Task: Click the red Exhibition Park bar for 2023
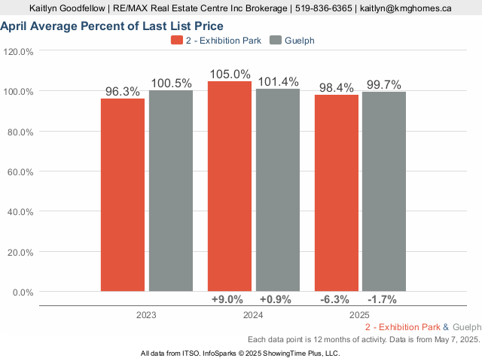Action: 123,195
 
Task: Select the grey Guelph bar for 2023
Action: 171,190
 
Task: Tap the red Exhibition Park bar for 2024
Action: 230,187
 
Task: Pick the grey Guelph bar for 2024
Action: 278,190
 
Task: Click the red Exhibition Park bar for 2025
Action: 337,193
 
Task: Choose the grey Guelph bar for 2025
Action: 384,192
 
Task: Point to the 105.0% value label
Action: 230,74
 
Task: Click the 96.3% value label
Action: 123,92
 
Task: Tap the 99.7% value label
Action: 384,85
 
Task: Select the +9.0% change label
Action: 227,299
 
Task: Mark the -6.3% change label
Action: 334,299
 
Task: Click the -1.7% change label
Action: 382,299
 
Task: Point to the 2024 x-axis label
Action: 253,315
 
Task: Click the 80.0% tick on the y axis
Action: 20,132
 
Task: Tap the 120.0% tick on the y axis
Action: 18,52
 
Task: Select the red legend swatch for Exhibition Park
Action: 177,40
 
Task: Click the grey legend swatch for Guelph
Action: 276,40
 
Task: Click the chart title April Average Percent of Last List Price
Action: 112,26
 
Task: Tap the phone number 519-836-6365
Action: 323,8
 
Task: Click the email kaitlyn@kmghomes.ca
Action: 406,8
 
